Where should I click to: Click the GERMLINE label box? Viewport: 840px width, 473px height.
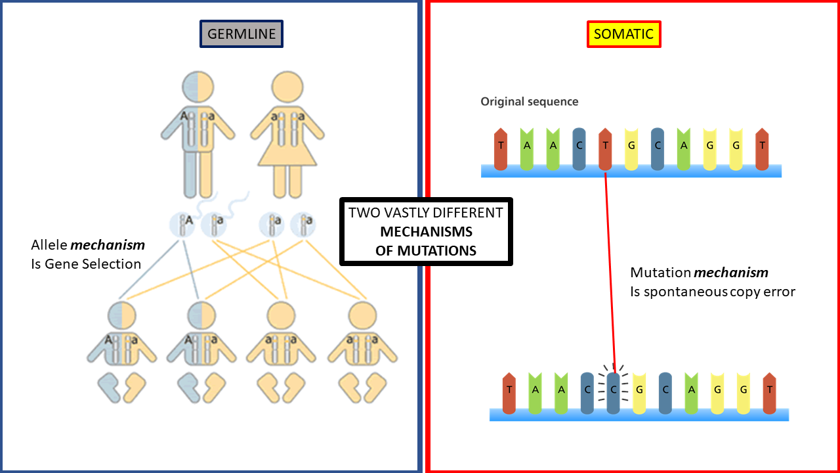(241, 34)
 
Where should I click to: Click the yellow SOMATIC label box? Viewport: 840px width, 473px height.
(623, 34)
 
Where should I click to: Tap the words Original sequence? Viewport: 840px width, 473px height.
(529, 102)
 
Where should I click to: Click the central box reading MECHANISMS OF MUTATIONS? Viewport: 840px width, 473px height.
(426, 232)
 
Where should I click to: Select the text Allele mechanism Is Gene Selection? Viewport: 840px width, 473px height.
(87, 255)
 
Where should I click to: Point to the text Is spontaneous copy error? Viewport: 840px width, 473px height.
(712, 292)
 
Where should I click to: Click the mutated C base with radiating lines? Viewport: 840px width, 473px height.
(613, 393)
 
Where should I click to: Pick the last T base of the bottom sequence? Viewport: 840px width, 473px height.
(770, 393)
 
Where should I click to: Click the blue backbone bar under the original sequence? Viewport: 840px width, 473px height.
(631, 171)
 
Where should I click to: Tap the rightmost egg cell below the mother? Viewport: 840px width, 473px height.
(303, 224)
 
